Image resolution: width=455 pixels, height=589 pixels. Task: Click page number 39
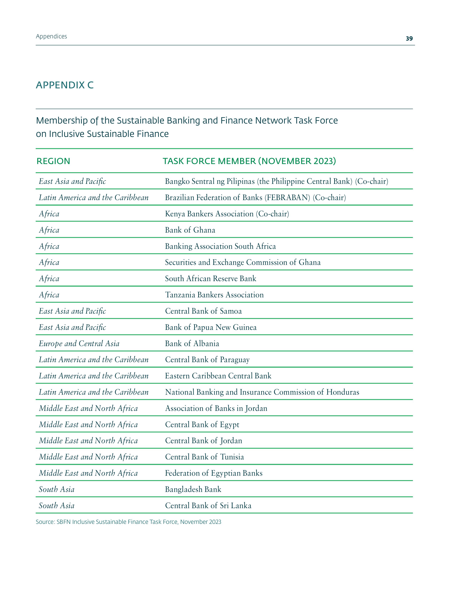click(x=409, y=39)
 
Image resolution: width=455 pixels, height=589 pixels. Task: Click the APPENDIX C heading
click(x=65, y=85)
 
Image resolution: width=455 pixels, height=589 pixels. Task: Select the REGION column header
click(x=53, y=161)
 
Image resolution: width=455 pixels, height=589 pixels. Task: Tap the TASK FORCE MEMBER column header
click(x=249, y=161)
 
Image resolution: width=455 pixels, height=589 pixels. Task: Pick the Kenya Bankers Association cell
click(x=227, y=214)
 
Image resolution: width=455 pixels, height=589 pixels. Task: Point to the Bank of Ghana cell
click(x=190, y=230)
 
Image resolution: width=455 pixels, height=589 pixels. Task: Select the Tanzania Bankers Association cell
click(x=214, y=295)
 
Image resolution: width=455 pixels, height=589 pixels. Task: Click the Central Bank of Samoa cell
click(x=203, y=311)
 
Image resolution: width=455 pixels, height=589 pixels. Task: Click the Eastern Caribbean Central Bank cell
click(x=218, y=376)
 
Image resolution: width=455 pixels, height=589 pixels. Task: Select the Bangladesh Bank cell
click(x=193, y=489)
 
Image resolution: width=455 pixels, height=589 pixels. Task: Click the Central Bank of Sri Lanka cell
click(x=208, y=505)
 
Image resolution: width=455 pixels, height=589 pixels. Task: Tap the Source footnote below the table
click(x=128, y=522)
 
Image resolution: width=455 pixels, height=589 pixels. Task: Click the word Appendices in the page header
click(x=52, y=36)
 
